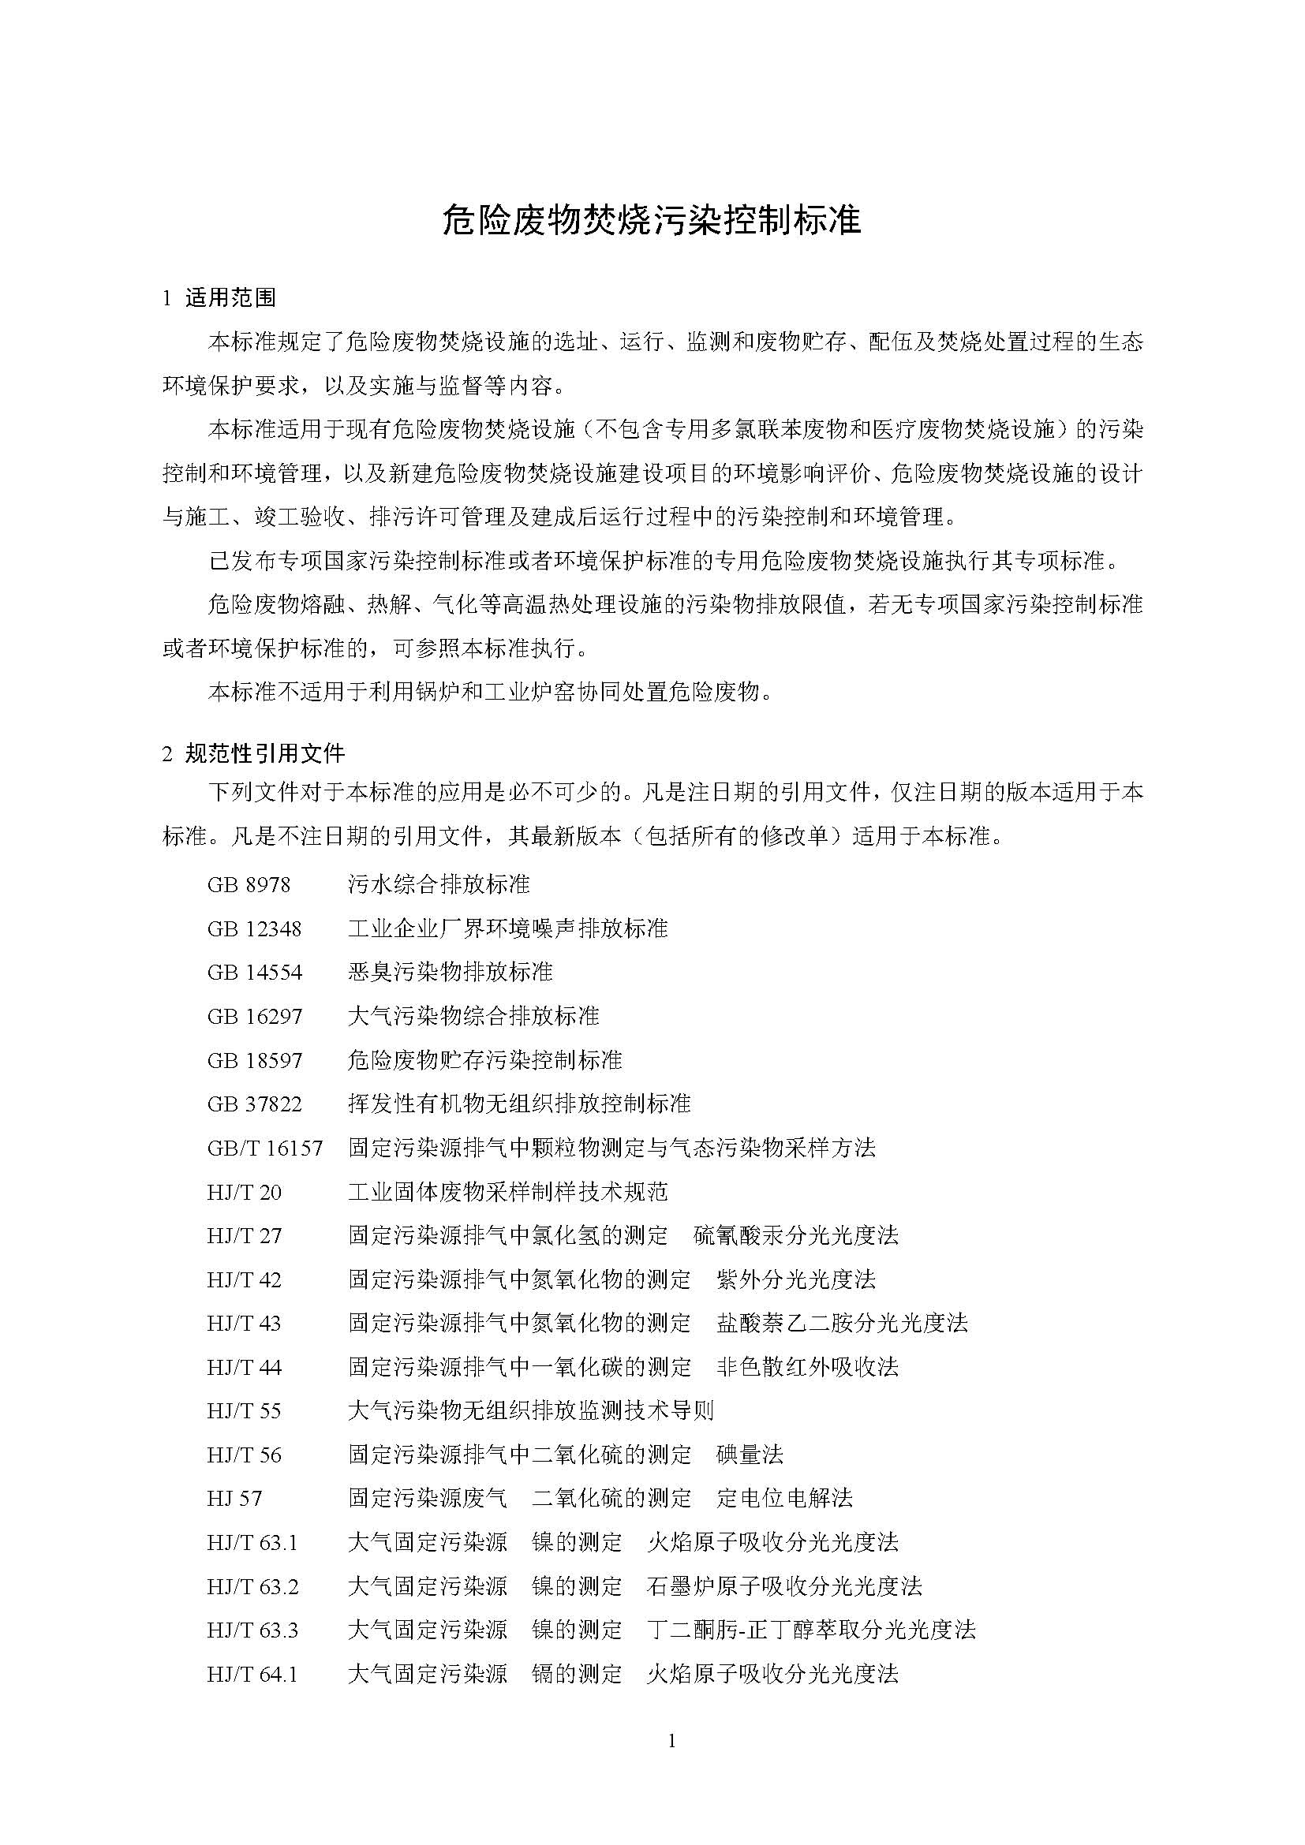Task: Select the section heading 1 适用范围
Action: point(219,298)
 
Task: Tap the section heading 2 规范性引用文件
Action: point(254,753)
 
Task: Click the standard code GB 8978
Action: point(249,885)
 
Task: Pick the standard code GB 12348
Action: point(254,929)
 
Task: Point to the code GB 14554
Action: point(254,973)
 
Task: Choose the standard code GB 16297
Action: point(254,1017)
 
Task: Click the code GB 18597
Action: point(254,1061)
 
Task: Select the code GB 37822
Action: point(254,1104)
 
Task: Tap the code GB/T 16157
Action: point(264,1148)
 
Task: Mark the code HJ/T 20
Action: point(245,1192)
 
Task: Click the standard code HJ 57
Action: point(234,1499)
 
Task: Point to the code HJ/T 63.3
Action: point(252,1630)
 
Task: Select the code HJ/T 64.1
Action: point(252,1674)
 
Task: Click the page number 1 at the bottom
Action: point(671,1742)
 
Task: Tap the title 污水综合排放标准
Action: point(439,885)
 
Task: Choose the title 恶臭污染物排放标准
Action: point(450,973)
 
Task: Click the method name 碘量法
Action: point(750,1455)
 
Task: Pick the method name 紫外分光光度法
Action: point(795,1279)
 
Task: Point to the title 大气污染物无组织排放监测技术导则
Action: point(530,1411)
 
